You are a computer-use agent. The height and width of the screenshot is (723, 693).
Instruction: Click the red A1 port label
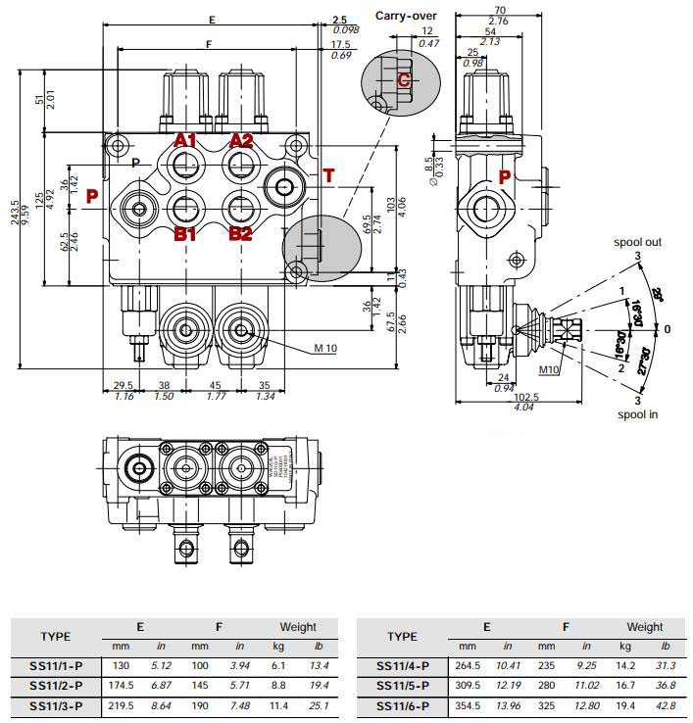pos(185,141)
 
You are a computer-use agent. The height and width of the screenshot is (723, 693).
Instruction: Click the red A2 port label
pos(241,141)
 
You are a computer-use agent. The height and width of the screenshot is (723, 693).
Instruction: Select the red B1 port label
pos(185,234)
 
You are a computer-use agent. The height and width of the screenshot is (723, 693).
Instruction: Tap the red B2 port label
pos(241,234)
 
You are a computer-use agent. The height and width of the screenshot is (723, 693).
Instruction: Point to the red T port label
pos(328,175)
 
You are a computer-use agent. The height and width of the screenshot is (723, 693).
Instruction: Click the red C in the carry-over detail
pos(403,80)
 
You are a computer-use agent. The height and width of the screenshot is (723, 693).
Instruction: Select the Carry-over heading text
pos(406,16)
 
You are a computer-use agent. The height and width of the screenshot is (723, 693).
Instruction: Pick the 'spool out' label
pos(637,241)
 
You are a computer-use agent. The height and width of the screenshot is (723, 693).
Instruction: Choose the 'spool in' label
pos(637,414)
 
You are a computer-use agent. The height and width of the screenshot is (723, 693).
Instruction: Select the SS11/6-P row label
pos(402,704)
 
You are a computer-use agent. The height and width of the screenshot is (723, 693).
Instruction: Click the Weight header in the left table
pos(298,627)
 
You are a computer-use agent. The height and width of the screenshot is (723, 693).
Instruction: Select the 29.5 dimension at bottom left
pos(124,385)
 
